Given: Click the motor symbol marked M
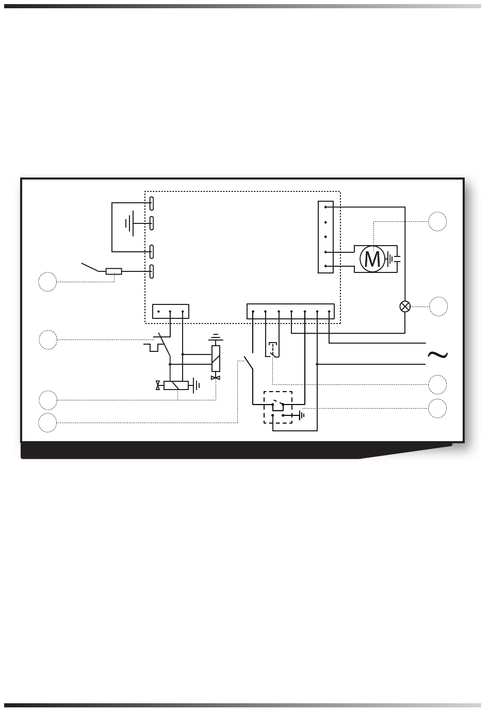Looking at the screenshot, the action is pyautogui.click(x=372, y=258).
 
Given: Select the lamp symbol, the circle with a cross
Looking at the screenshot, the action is pyautogui.click(x=405, y=306).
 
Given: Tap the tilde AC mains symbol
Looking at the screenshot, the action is pyautogui.click(x=437, y=354).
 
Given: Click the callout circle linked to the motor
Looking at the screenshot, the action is pyautogui.click(x=437, y=221).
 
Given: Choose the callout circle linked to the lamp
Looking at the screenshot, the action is pyautogui.click(x=437, y=306).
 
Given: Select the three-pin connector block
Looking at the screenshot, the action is pyautogui.click(x=171, y=312).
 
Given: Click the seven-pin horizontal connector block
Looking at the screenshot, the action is pyautogui.click(x=291, y=312).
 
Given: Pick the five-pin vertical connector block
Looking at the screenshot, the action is pyautogui.click(x=325, y=237).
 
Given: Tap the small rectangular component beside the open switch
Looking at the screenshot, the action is pyautogui.click(x=114, y=271).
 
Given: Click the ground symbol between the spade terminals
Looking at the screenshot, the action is pyautogui.click(x=130, y=223).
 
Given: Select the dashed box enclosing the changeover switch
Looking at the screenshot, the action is pyautogui.click(x=278, y=408).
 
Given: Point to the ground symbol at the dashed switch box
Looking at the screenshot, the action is pyautogui.click(x=301, y=415).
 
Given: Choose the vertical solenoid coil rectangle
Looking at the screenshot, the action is pyautogui.click(x=216, y=358).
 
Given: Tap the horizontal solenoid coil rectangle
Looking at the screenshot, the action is pyautogui.click(x=176, y=385).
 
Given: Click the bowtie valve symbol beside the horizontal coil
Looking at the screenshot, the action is pyautogui.click(x=158, y=385).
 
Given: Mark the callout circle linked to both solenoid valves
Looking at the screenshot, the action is pyautogui.click(x=48, y=400).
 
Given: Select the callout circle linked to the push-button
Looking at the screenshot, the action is pyautogui.click(x=437, y=384).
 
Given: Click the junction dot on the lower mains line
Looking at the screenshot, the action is pyautogui.click(x=317, y=364).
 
